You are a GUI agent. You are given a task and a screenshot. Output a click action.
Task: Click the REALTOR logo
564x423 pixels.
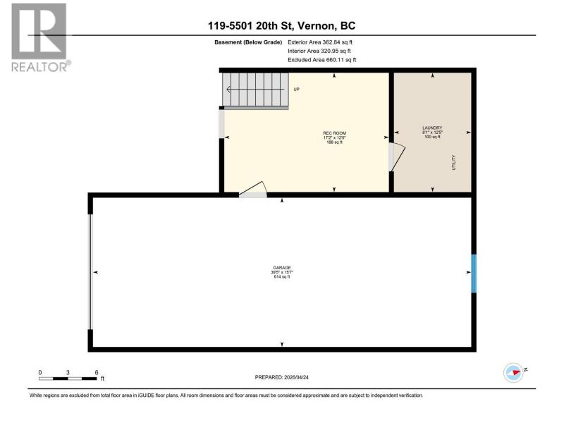(x=39, y=38)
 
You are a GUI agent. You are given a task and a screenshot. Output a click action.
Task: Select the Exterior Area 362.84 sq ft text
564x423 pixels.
(x=320, y=42)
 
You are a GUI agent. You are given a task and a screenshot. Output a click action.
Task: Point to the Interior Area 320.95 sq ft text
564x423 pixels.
(x=319, y=51)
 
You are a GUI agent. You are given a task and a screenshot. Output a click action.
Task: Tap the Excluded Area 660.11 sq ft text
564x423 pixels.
(x=322, y=60)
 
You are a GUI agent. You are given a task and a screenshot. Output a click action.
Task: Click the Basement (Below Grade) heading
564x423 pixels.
(x=248, y=42)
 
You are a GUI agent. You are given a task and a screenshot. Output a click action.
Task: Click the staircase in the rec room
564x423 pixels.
(x=255, y=90)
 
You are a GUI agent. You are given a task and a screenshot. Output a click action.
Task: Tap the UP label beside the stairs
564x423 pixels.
(x=296, y=90)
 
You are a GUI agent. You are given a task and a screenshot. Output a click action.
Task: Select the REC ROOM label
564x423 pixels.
(x=334, y=133)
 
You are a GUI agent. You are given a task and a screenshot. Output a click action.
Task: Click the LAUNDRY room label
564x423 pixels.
(x=432, y=128)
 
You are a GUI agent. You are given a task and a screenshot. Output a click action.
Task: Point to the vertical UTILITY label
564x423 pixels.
(x=453, y=163)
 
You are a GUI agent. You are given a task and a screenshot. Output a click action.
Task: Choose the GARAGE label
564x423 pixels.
(x=282, y=268)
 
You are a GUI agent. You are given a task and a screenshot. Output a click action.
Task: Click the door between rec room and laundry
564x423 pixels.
(x=397, y=157)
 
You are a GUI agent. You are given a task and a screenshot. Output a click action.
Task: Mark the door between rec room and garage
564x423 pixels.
(x=253, y=190)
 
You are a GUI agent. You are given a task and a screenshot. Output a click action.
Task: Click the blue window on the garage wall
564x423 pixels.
(x=474, y=274)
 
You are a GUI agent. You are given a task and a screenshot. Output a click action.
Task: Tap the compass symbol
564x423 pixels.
(x=515, y=372)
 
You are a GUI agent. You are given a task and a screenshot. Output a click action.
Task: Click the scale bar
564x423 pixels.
(x=68, y=379)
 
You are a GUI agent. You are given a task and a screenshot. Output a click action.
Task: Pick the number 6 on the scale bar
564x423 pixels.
(x=97, y=373)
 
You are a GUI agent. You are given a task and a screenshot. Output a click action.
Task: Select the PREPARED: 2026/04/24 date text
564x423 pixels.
(x=281, y=377)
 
